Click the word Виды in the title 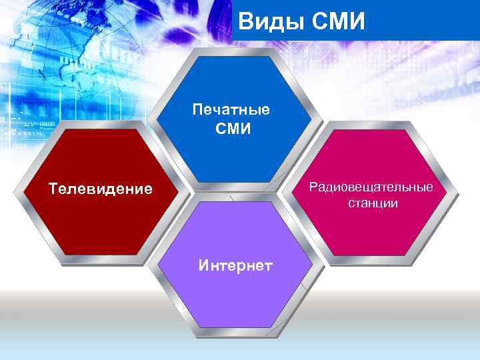pos(267,21)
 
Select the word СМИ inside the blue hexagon pos(233,127)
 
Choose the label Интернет pos(235,266)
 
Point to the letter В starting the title pos(245,21)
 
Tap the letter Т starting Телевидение pos(53,189)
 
